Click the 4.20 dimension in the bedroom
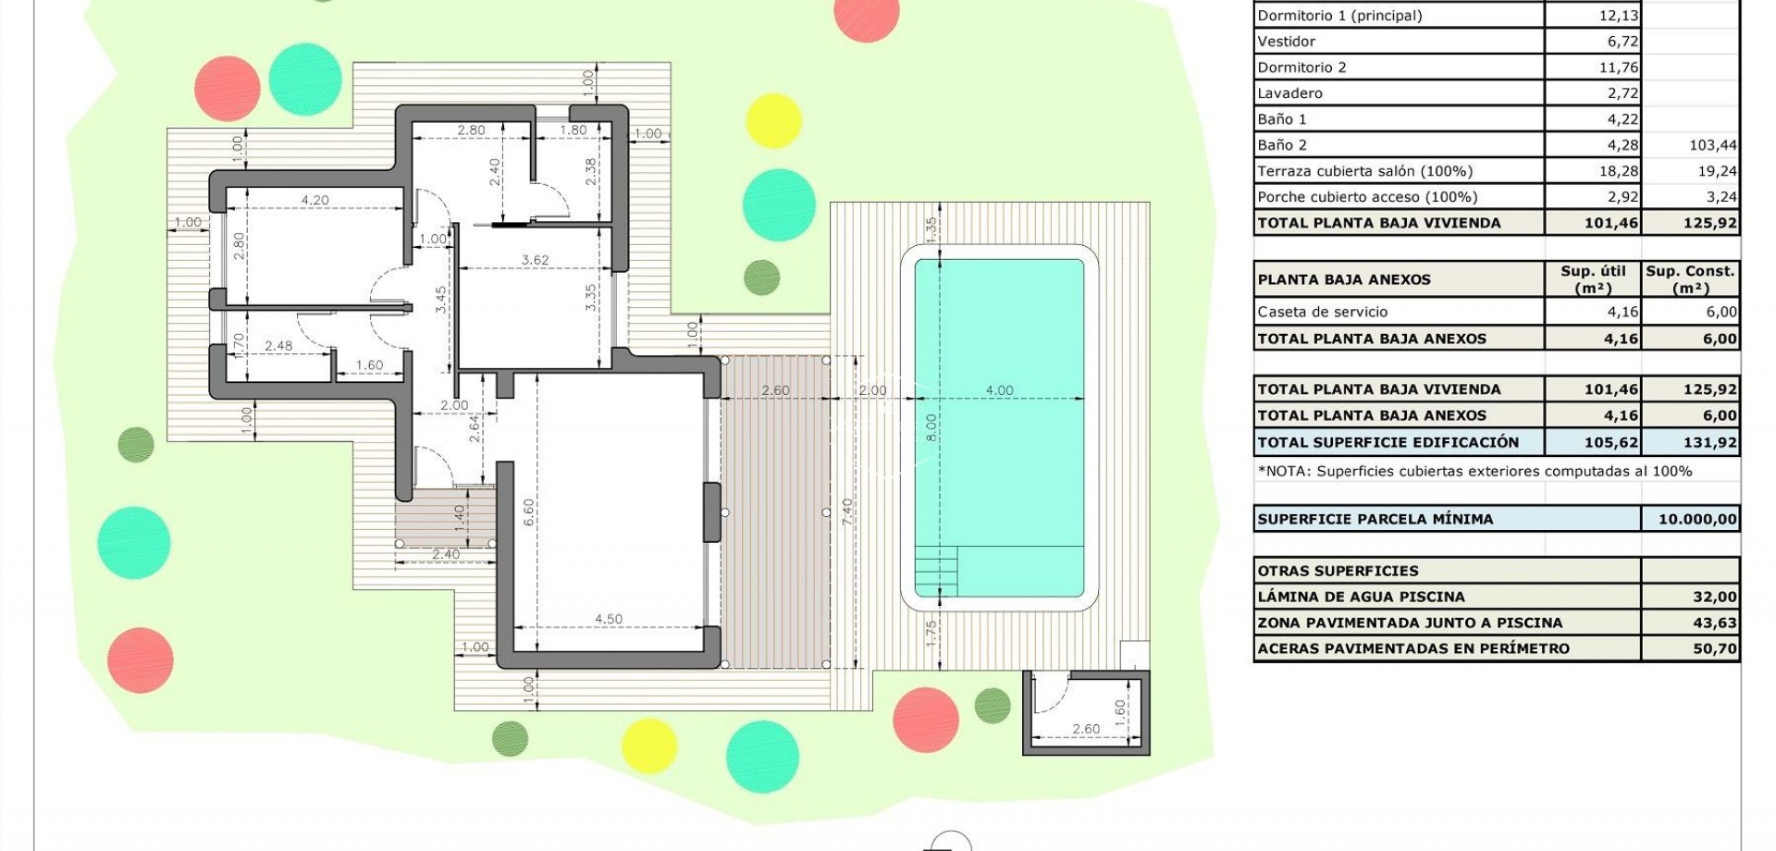tap(314, 200)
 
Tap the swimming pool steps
tap(935, 572)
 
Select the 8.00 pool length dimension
tap(931, 426)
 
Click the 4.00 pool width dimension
tap(999, 390)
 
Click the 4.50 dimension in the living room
tap(608, 619)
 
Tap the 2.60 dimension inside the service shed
tap(1086, 729)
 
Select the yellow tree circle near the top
tap(773, 120)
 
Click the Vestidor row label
tap(1286, 42)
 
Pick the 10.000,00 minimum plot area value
tap(1697, 519)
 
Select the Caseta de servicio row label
tap(1322, 312)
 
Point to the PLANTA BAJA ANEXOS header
tap(1343, 279)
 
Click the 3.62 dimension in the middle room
tap(535, 260)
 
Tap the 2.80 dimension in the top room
tap(471, 130)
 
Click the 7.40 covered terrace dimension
tap(846, 508)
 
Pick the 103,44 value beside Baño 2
tap(1712, 145)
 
